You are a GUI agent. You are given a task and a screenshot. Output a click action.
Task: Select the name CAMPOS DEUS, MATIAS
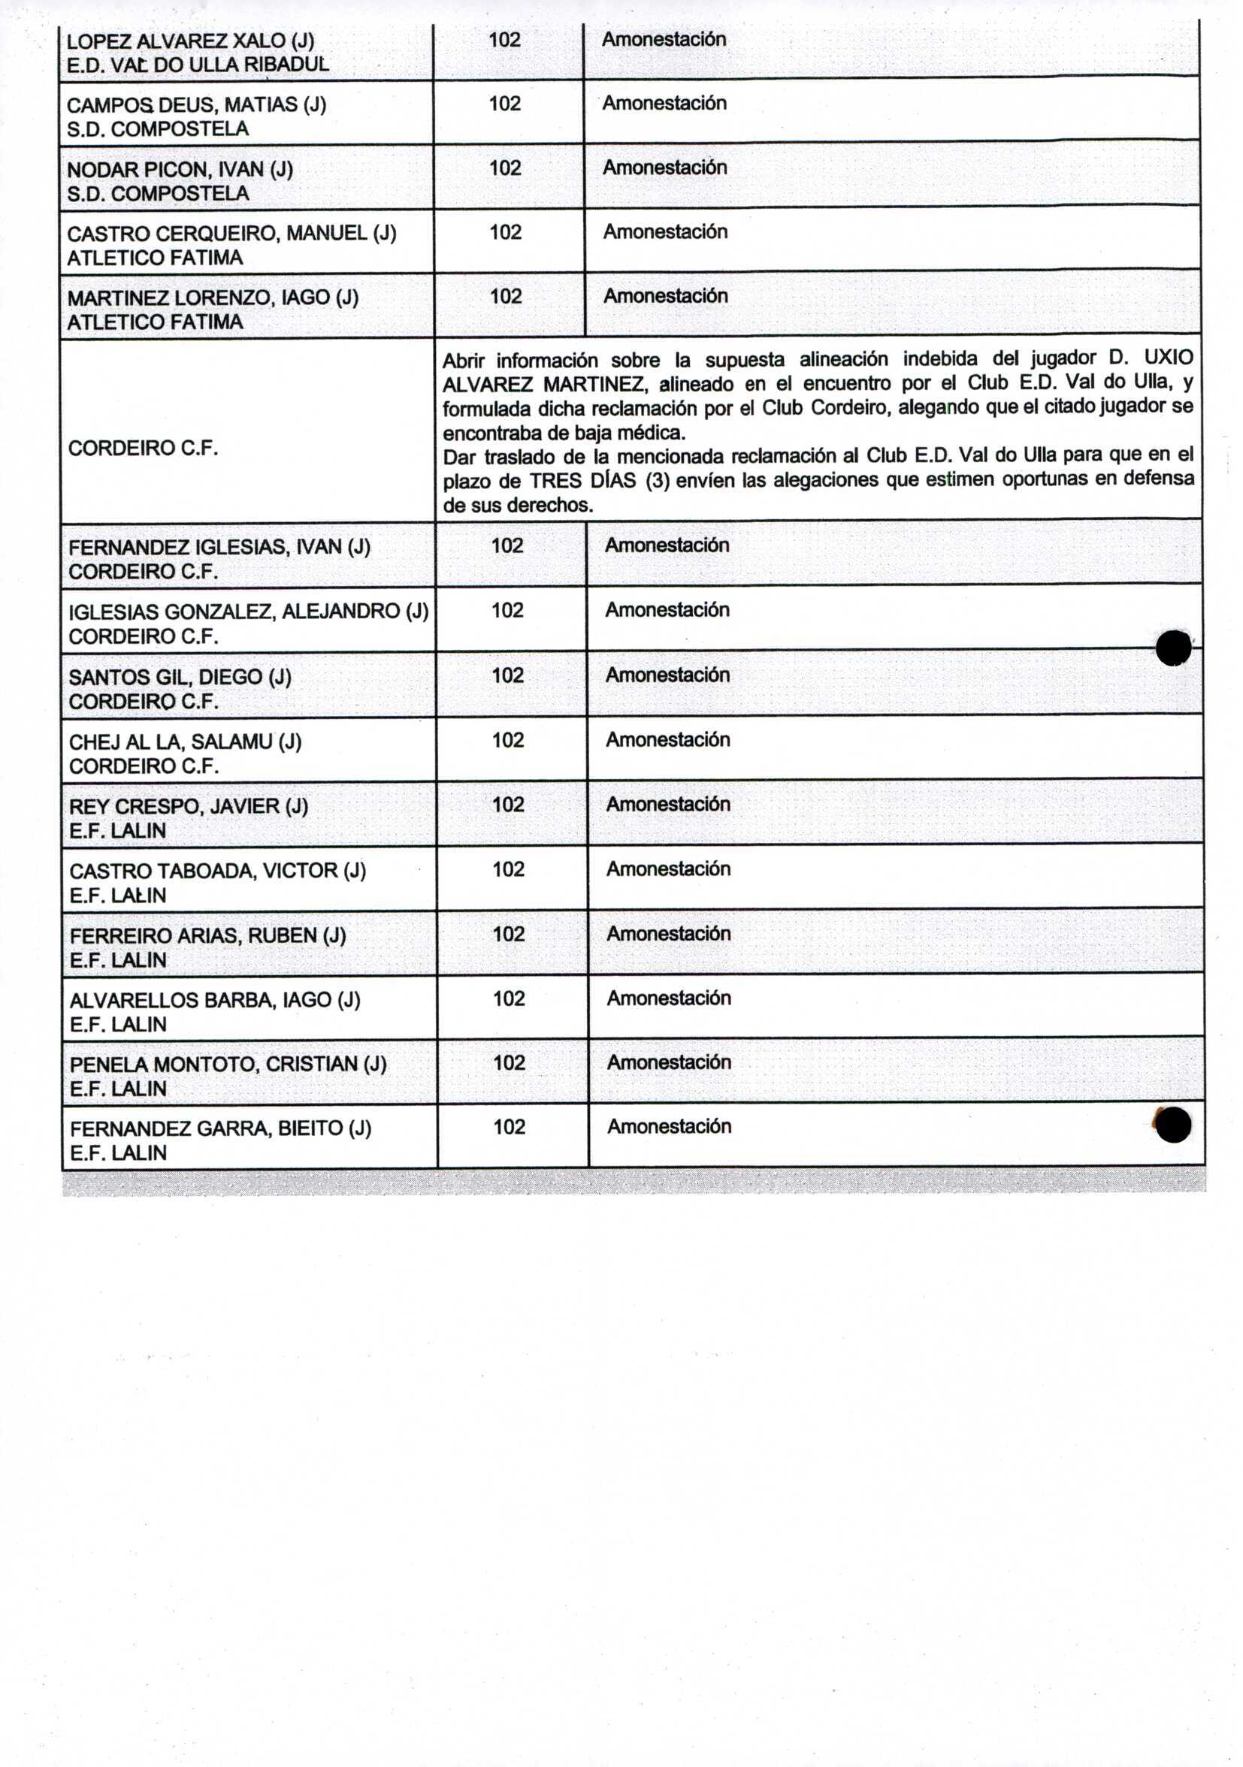pyautogui.click(x=196, y=104)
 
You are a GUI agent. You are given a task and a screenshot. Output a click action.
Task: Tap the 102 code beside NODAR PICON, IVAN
pyautogui.click(x=505, y=168)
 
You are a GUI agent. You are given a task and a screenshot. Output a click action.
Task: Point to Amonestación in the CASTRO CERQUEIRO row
pyautogui.click(x=665, y=231)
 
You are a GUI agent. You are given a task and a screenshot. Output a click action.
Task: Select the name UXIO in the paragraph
pyautogui.click(x=1169, y=358)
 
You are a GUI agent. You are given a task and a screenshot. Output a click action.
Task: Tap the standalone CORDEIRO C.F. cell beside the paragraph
pyautogui.click(x=143, y=449)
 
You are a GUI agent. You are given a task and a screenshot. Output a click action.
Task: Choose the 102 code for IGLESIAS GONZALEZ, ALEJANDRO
pyautogui.click(x=507, y=610)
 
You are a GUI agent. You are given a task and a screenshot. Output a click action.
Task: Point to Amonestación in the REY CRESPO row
pyautogui.click(x=668, y=804)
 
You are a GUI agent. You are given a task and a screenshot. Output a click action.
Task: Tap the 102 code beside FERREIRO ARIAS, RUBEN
pyautogui.click(x=508, y=934)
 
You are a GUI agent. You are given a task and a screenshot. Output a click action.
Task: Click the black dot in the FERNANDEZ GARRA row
pyautogui.click(x=1173, y=1125)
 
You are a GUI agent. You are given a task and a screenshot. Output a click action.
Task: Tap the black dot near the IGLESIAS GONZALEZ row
pyautogui.click(x=1173, y=648)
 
